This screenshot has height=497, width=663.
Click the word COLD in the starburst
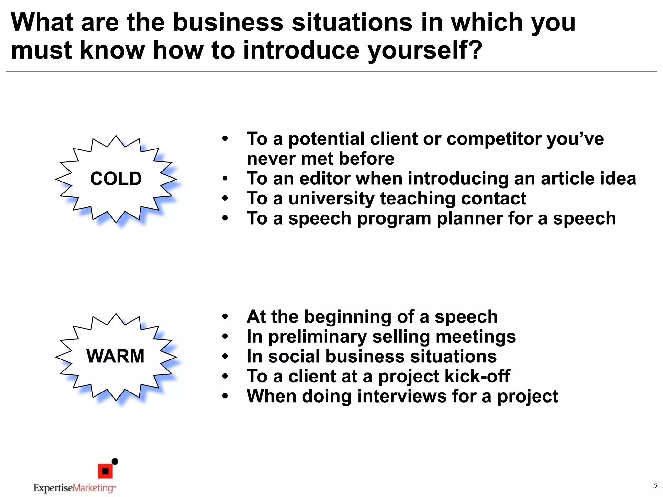click(x=116, y=179)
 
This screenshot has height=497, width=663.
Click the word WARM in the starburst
click(x=115, y=356)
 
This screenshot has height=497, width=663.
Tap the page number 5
click(x=655, y=485)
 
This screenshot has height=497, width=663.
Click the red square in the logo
click(x=105, y=471)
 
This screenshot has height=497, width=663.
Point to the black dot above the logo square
click(x=115, y=461)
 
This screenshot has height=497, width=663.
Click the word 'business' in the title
click(x=228, y=23)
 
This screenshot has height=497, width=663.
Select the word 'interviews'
click(x=402, y=396)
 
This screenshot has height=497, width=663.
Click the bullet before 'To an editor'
click(x=225, y=179)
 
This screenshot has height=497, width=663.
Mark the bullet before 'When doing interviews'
click(x=225, y=396)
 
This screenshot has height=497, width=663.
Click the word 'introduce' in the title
click(x=301, y=50)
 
